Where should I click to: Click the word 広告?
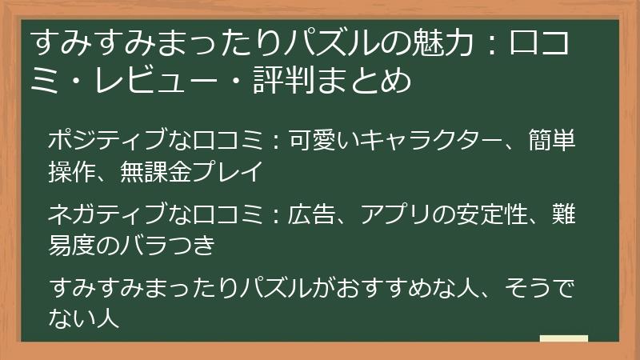tap(311, 214)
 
